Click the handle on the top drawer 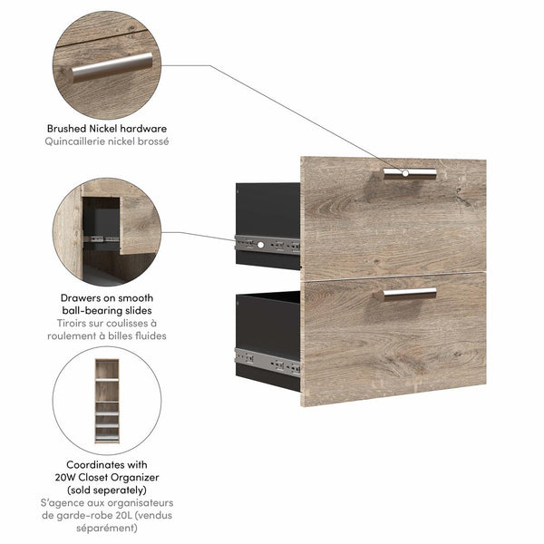coord(409,172)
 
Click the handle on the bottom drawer coord(404,293)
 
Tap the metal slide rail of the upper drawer coord(267,245)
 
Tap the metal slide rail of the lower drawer coord(267,364)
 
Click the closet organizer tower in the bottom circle coord(108,400)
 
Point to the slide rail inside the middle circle coord(102,239)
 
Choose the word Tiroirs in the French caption coord(70,322)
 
